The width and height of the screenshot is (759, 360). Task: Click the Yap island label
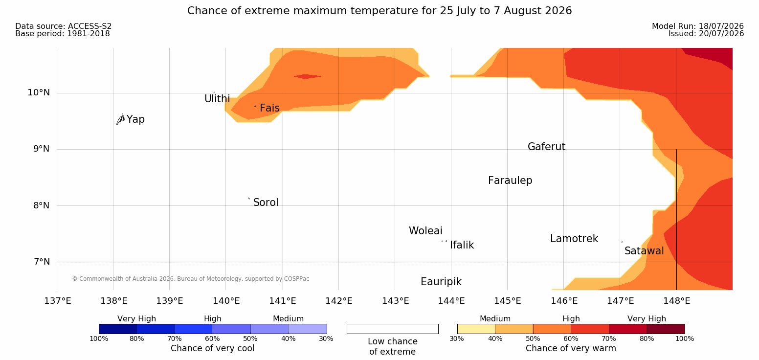click(135, 119)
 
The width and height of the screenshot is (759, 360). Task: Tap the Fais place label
click(270, 108)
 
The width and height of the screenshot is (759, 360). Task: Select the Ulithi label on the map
click(217, 99)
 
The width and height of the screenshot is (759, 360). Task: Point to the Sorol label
click(266, 202)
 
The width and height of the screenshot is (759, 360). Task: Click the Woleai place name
click(425, 231)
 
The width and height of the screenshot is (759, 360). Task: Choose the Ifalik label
click(462, 245)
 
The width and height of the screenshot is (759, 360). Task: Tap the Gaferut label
click(547, 147)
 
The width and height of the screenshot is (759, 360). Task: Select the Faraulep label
click(510, 180)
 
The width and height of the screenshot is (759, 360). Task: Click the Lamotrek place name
click(574, 239)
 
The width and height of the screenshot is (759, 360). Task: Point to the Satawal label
click(644, 251)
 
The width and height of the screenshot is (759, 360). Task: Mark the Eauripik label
click(441, 282)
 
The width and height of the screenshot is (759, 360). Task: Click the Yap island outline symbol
click(121, 120)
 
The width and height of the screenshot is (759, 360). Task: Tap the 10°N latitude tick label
click(39, 92)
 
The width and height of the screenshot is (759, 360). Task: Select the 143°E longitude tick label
click(396, 301)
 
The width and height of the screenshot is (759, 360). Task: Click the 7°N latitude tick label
click(42, 262)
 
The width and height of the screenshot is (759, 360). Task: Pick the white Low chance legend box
click(392, 329)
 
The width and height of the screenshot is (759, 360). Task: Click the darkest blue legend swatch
click(118, 329)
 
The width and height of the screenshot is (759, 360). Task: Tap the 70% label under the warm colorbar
click(608, 338)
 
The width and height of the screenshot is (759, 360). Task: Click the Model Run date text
click(698, 26)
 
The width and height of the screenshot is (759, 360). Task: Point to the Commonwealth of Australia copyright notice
click(190, 279)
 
